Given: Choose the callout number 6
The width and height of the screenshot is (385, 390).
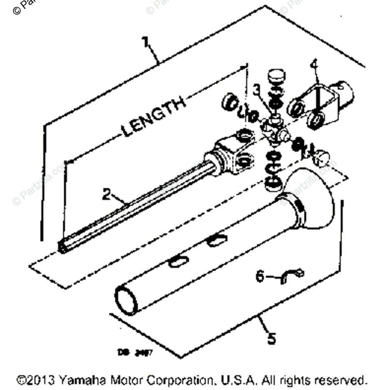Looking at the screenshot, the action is point(261,276).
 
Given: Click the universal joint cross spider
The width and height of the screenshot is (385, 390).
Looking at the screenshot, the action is point(274,131).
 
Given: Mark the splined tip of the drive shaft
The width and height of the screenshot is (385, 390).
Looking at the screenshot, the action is point(64,245).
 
